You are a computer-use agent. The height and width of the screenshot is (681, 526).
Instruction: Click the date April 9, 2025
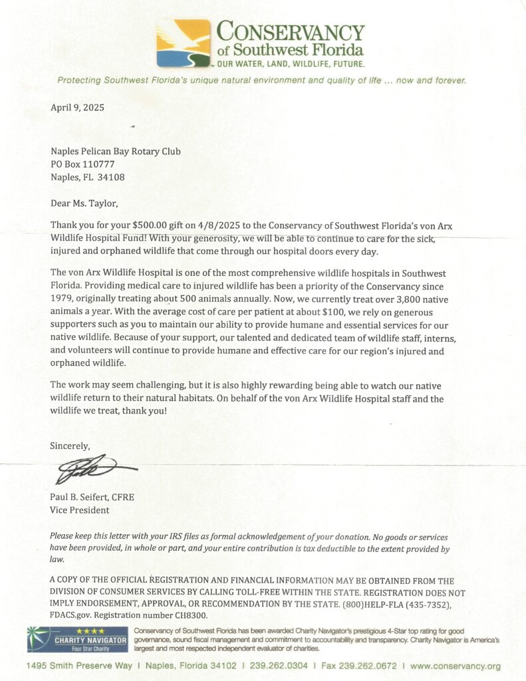pyautogui.click(x=77, y=107)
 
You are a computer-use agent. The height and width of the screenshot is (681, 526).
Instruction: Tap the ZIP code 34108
pyautogui.click(x=111, y=177)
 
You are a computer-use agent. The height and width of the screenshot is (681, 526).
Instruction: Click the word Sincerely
pyautogui.click(x=70, y=446)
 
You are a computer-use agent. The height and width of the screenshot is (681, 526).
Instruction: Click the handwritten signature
pyautogui.click(x=93, y=470)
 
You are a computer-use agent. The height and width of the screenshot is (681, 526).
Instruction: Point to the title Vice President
pyautogui.click(x=80, y=510)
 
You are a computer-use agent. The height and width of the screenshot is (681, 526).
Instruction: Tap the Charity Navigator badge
pyautogui.click(x=77, y=639)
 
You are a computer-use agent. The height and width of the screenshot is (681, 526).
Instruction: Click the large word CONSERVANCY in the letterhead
pyautogui.click(x=291, y=32)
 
